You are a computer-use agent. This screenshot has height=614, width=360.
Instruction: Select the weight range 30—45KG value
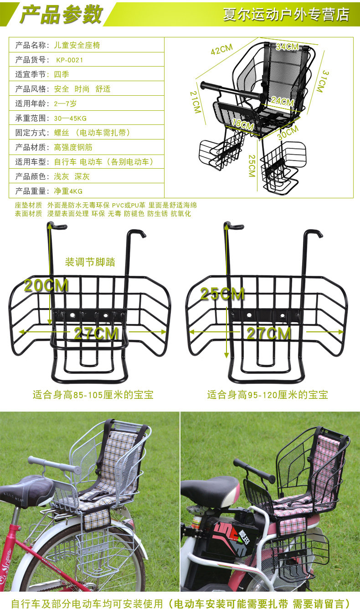coord(70,118)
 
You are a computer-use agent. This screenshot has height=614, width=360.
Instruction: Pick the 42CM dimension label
coord(221,49)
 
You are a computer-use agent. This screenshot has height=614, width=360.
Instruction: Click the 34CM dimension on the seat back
coord(287,46)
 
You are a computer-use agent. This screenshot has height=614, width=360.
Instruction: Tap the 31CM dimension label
coord(322,81)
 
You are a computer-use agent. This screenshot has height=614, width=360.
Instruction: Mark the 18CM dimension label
coord(242,124)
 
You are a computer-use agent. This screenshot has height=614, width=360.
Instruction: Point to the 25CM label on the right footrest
coord(222,294)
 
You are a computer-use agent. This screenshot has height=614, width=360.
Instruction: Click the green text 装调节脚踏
coord(90,262)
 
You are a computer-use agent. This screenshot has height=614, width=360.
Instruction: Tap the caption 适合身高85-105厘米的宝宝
coord(93,395)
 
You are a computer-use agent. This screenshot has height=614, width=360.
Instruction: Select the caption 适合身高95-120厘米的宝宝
coord(267,395)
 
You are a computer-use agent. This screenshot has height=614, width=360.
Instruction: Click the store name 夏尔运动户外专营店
coord(286,14)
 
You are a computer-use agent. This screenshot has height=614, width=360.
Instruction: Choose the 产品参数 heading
coord(61,15)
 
